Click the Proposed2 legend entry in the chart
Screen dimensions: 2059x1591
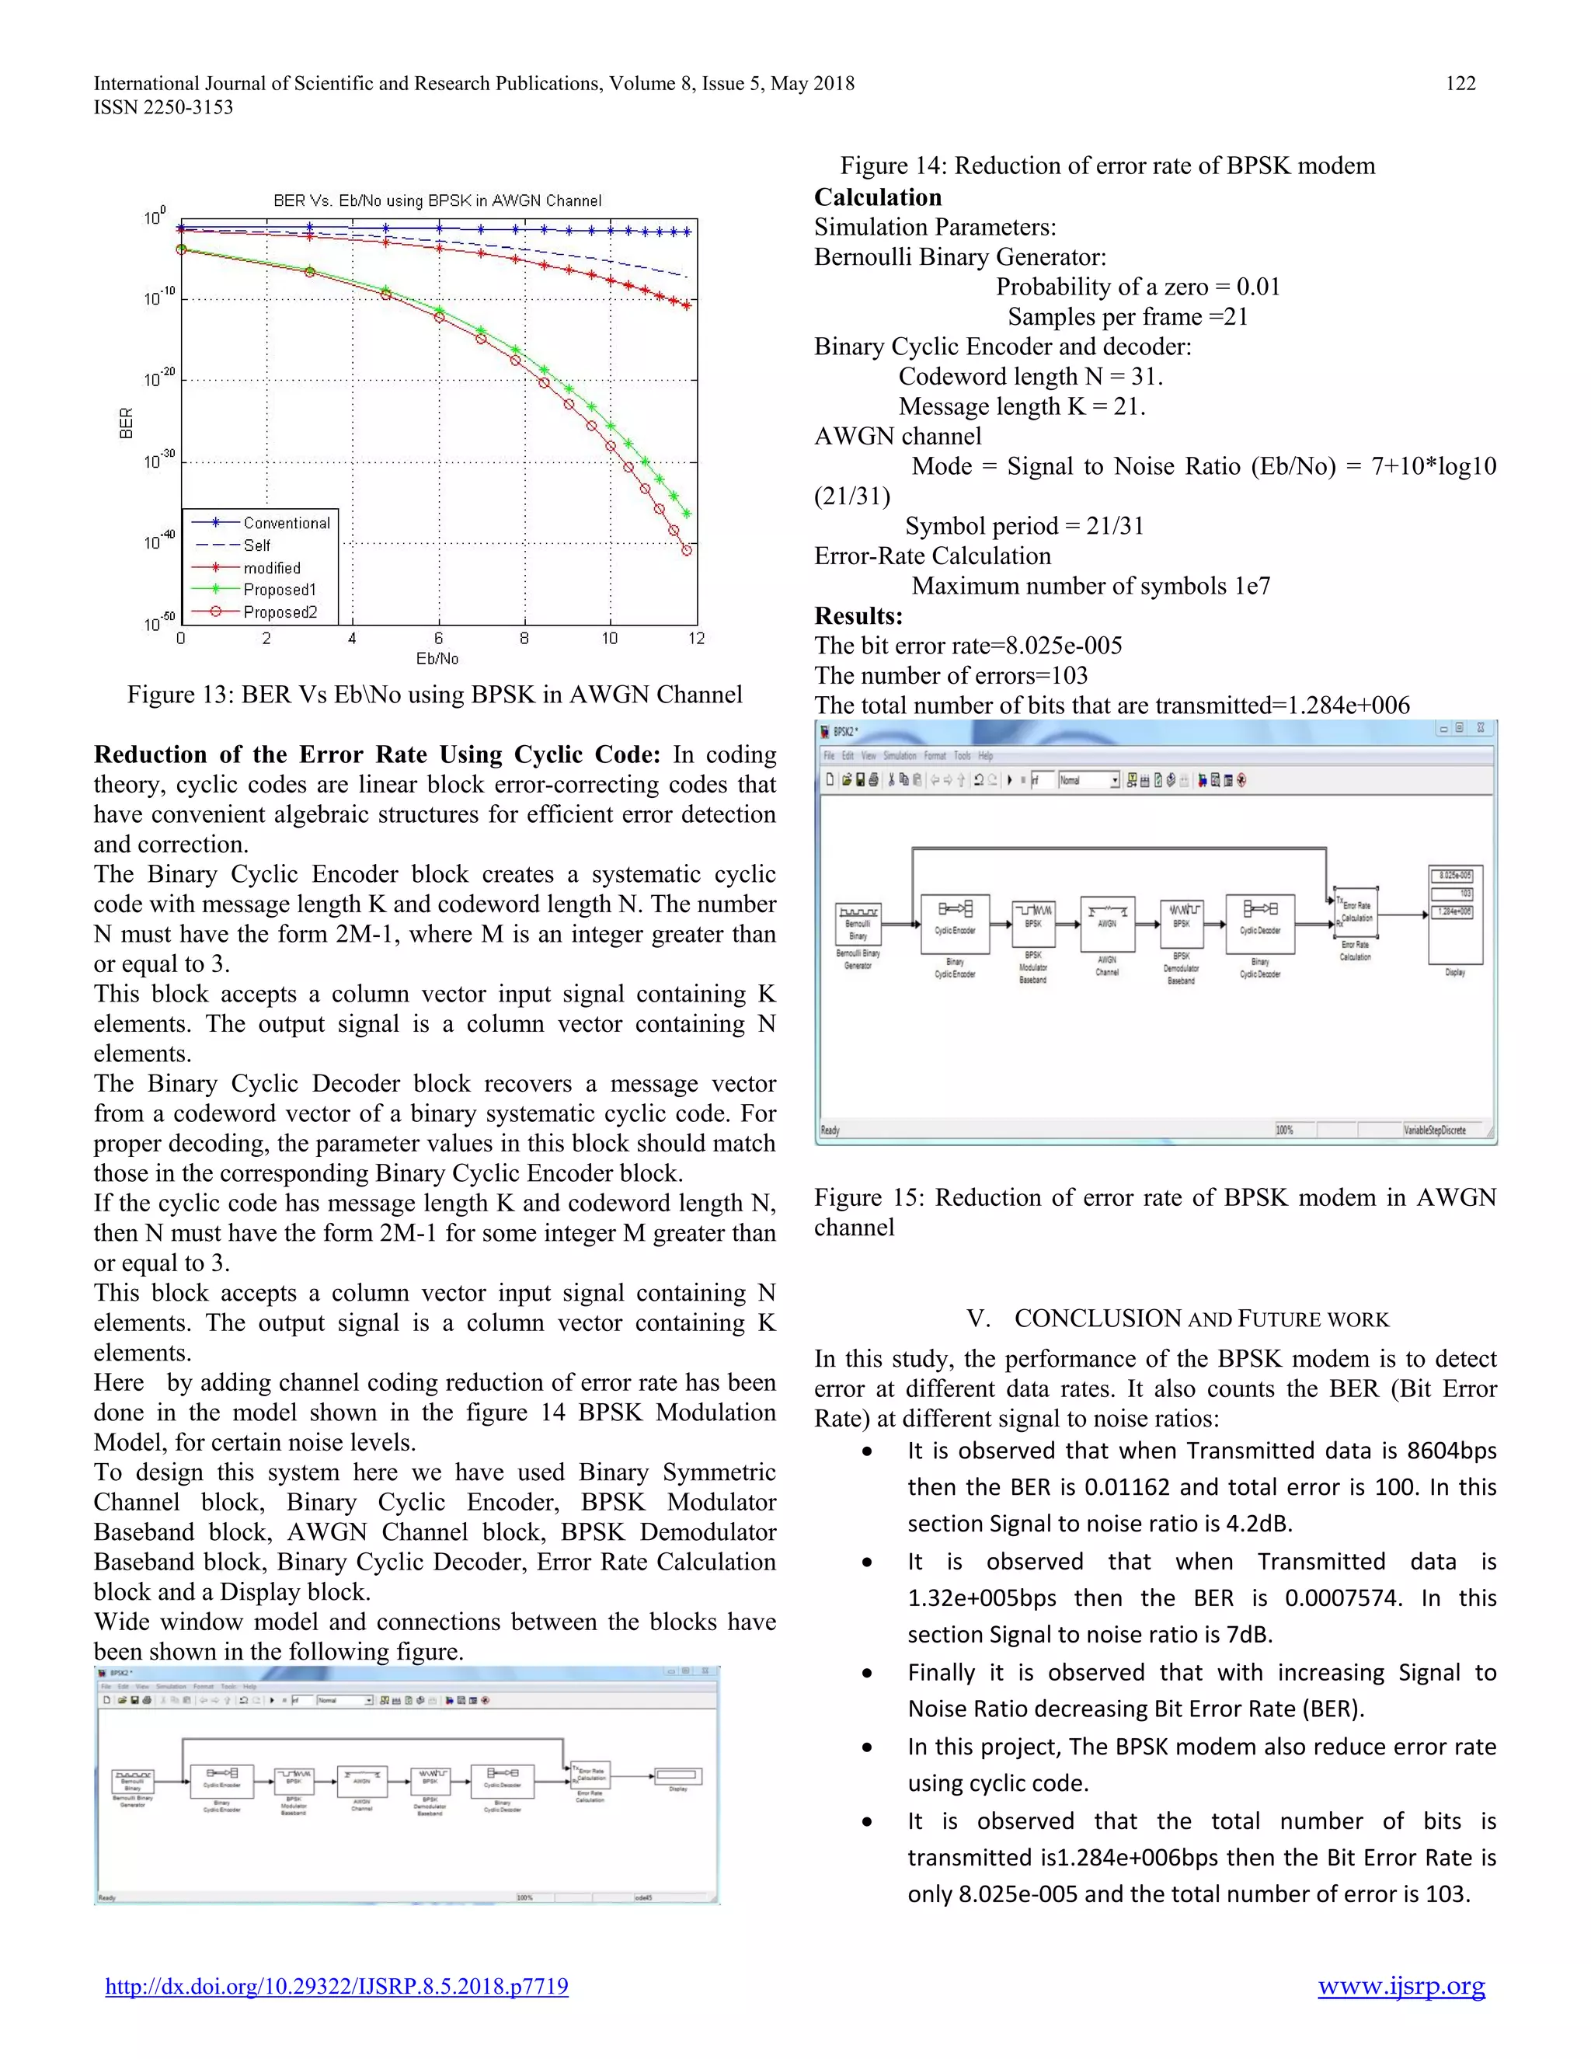(279, 611)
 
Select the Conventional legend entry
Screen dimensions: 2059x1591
(287, 523)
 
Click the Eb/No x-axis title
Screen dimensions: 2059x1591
(437, 658)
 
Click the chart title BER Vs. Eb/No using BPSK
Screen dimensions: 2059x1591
(437, 200)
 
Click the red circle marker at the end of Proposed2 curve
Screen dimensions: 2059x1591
(687, 549)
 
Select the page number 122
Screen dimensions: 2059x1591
(1460, 83)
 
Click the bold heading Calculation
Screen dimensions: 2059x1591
(878, 197)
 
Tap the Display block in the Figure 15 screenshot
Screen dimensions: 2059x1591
(1455, 915)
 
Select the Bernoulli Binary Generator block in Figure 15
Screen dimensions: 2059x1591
(858, 924)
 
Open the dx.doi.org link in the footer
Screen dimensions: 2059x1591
(336, 1987)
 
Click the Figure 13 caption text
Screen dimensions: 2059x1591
(434, 695)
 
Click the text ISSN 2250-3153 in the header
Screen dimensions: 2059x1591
(163, 107)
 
